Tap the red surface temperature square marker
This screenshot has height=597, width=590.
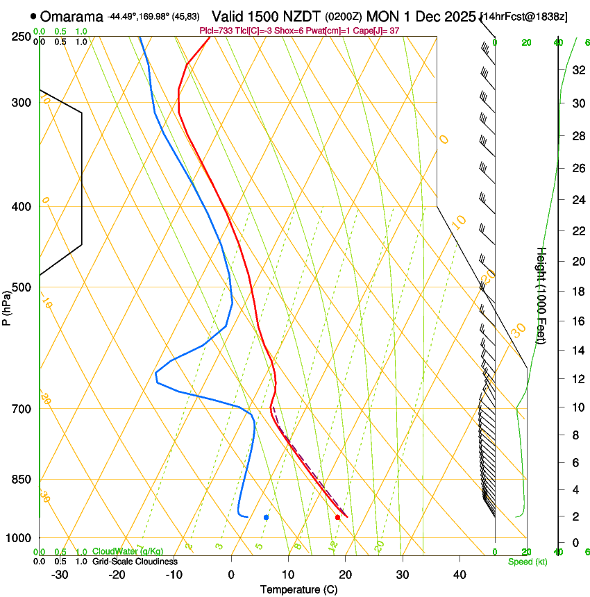tap(337, 517)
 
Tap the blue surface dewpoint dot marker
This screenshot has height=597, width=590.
tap(266, 517)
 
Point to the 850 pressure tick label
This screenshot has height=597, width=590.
tap(21, 480)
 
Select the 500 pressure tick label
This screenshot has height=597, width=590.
tap(21, 287)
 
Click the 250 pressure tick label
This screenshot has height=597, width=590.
tap(21, 36)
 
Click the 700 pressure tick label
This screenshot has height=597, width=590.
tap(21, 409)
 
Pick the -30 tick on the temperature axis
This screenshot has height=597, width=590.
tap(60, 575)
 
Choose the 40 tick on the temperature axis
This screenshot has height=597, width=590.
tap(460, 575)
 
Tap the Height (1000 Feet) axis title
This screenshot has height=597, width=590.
tap(542, 295)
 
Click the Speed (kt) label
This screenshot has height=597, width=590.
tap(527, 562)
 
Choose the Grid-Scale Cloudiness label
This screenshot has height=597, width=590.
tap(135, 562)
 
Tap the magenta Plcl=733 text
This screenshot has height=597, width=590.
tap(216, 31)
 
